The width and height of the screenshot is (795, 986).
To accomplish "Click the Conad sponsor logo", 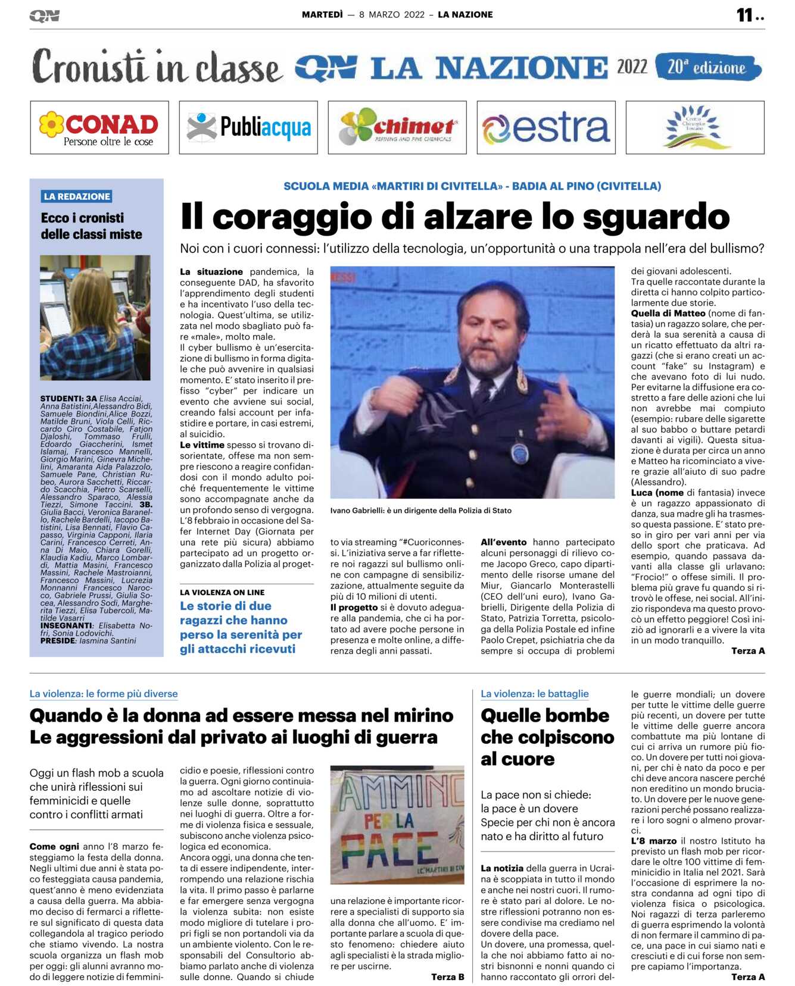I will tap(99, 128).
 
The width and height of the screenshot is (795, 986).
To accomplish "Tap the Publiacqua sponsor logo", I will tap(248, 128).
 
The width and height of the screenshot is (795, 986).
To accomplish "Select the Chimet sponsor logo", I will tap(397, 127).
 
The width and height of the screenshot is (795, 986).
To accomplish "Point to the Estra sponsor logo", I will tap(546, 128).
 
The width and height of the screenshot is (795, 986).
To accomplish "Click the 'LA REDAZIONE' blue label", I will tap(77, 196).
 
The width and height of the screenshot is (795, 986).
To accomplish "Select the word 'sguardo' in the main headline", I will tap(656, 217).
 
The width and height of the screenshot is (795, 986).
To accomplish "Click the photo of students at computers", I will tap(95, 317).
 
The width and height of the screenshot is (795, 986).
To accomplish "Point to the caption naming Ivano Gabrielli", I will tap(420, 511).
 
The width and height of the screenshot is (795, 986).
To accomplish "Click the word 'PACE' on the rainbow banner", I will tap(390, 847).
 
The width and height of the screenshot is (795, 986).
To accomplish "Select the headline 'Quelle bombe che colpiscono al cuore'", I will tap(547, 737).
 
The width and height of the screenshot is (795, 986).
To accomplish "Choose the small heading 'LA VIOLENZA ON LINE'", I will tap(222, 592).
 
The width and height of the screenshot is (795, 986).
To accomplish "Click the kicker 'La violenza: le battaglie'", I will tap(534, 693).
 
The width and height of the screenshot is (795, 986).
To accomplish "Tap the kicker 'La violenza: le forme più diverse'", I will tap(104, 693).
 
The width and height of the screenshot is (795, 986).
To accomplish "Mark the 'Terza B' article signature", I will tap(447, 976).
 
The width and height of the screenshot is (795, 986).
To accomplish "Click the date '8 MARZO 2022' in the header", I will tap(392, 15).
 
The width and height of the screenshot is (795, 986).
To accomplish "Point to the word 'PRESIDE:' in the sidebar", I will tap(58, 641).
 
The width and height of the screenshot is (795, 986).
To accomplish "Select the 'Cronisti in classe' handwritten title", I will tap(157, 67).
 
